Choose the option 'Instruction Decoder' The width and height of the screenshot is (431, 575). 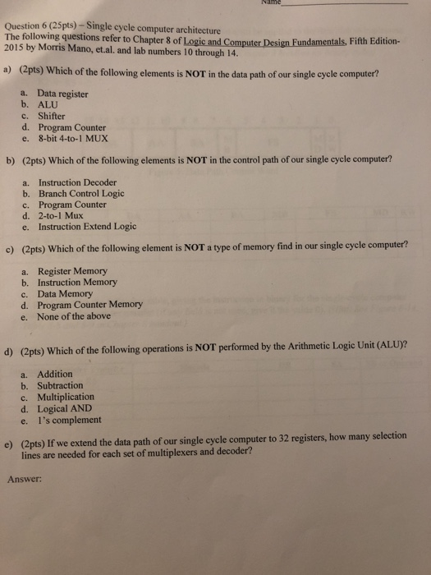tap(77, 182)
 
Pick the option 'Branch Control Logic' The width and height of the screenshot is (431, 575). tap(81, 193)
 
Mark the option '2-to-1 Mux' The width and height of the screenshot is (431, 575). tap(62, 215)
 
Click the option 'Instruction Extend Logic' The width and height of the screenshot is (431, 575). tap(87, 227)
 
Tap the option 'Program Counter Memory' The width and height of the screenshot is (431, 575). tap(89, 304)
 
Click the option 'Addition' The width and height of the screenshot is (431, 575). tap(56, 374)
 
